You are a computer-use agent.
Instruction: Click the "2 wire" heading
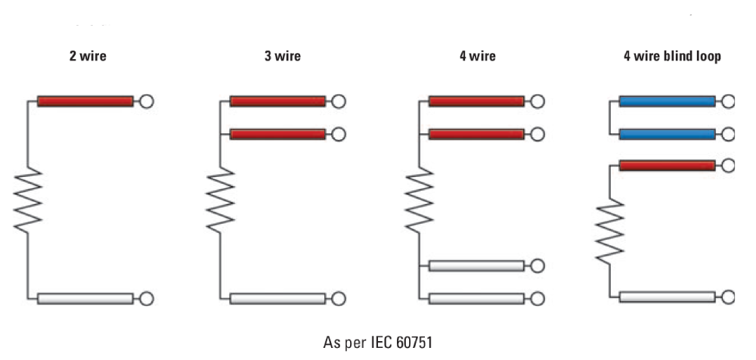[x=88, y=57]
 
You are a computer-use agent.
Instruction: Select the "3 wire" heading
[x=282, y=57]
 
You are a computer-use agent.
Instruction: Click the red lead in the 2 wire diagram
[x=85, y=101]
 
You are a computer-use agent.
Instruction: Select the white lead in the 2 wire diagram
[x=85, y=298]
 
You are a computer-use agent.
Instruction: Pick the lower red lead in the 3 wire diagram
[x=278, y=134]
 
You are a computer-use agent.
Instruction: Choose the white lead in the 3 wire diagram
[x=278, y=298]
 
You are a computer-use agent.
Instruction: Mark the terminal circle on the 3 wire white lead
[x=339, y=298]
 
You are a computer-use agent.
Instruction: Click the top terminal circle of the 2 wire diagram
[x=147, y=101]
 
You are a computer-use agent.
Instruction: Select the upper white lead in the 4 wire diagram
[x=476, y=265]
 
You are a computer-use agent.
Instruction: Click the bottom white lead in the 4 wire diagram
[x=476, y=298]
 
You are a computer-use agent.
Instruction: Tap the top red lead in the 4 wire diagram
[x=476, y=101]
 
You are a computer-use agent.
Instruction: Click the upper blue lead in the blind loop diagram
[x=667, y=101]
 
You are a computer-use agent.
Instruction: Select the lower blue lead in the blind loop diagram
[x=667, y=134]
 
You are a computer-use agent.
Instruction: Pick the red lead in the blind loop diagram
[x=667, y=164]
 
